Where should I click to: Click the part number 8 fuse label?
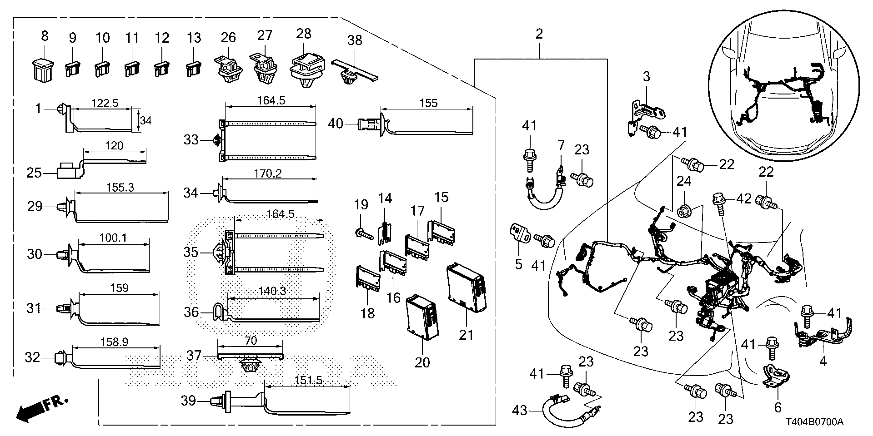click(x=44, y=35)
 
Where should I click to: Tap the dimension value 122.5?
click(x=105, y=103)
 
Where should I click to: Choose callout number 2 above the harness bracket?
click(x=539, y=34)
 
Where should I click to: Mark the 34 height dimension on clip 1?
click(x=145, y=120)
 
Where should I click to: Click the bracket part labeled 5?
click(x=520, y=233)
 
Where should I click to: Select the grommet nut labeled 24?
click(x=684, y=212)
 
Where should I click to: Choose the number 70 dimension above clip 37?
click(x=251, y=340)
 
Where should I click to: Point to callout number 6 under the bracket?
click(x=777, y=407)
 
